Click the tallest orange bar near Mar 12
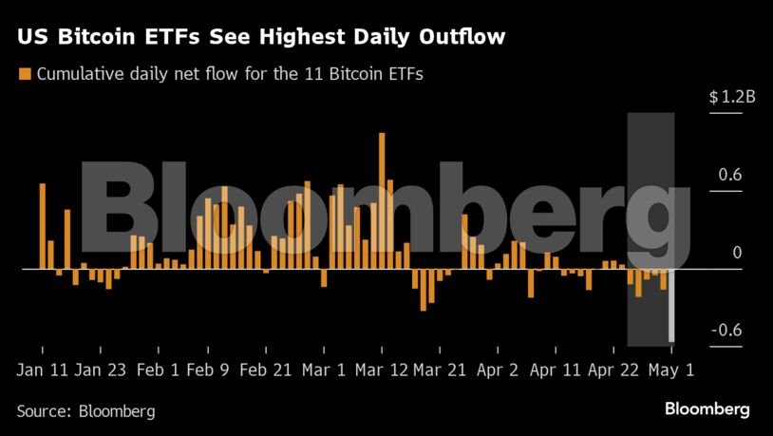tap(382, 200)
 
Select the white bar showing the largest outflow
tap(671, 305)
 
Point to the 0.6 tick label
tap(729, 175)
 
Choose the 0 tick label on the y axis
tap(736, 253)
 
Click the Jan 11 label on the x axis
tap(42, 370)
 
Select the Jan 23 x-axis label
tap(102, 370)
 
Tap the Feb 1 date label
tap(160, 370)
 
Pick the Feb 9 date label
tap(208, 370)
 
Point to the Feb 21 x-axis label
tap(267, 370)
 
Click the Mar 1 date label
tap(325, 370)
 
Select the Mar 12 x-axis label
tap(382, 370)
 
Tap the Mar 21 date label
tap(440, 370)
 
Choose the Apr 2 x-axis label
tap(498, 370)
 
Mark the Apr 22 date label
tap(614, 370)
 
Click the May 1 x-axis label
tap(671, 370)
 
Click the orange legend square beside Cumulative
tap(25, 73)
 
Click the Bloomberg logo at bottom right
tap(707, 409)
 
